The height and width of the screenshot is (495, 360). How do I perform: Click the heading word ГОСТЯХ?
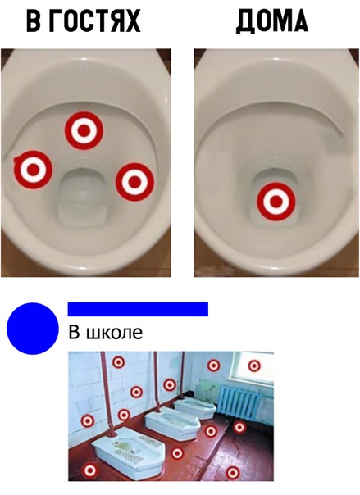pos(95,20)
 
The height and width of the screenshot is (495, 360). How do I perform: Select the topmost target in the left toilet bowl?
pos(84,130)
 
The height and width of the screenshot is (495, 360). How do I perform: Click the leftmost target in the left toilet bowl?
pos(33,170)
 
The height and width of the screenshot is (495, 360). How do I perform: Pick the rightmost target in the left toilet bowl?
pos(134,182)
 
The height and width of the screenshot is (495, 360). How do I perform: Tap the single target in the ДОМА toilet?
pos(276,202)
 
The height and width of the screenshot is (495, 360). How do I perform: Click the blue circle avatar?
pos(33,329)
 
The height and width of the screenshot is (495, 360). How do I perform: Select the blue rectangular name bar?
pos(138,309)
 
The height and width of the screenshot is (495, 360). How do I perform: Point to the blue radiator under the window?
pos(240,401)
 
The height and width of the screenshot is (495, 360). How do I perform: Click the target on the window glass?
pos(254,366)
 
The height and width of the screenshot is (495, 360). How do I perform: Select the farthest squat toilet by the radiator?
pos(195,407)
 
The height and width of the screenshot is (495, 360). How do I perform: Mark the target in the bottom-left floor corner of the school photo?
pos(90,470)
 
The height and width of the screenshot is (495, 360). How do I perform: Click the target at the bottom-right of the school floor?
pos(232,473)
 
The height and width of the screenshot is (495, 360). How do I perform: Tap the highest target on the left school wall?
pos(118,362)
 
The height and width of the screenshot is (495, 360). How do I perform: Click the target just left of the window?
pos(213,366)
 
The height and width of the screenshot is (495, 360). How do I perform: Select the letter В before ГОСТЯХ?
pos(34,20)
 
